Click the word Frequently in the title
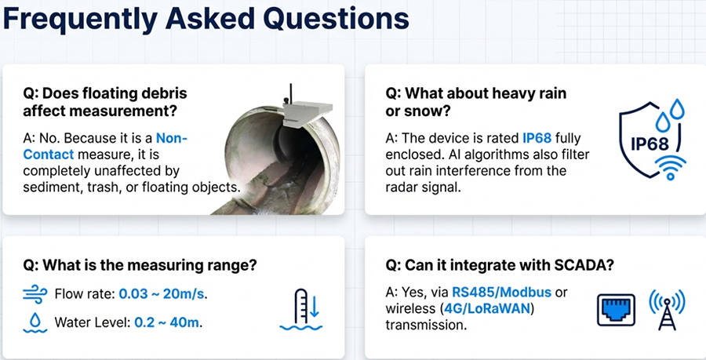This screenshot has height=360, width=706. [80, 20]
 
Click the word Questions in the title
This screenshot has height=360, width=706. [337, 18]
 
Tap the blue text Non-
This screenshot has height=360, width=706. [172, 138]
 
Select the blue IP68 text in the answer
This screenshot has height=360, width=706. [537, 138]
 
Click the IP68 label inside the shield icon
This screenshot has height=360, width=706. [650, 144]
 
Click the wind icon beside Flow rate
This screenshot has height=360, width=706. [35, 295]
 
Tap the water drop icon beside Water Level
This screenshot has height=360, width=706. [35, 323]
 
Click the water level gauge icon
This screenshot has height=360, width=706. [300, 310]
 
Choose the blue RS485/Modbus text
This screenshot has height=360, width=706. [501, 293]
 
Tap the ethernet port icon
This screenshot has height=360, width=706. [616, 310]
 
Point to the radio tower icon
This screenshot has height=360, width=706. [667, 310]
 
